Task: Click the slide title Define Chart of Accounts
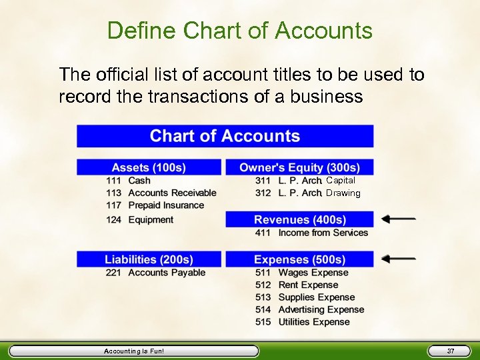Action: (x=239, y=31)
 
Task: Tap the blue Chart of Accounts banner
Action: (x=225, y=136)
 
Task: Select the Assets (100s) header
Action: (x=149, y=167)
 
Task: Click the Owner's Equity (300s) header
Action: (x=299, y=167)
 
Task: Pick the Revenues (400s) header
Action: (x=299, y=219)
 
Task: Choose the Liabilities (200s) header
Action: (x=149, y=259)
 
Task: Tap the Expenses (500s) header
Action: (x=299, y=259)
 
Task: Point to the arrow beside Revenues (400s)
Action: (x=399, y=219)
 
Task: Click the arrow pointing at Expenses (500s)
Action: (x=399, y=259)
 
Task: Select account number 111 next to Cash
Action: (x=113, y=181)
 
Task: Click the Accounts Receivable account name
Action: (x=172, y=193)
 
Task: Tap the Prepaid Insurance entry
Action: (x=166, y=205)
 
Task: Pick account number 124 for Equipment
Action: (x=113, y=220)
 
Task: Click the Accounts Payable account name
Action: (x=167, y=273)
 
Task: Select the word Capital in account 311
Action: (x=341, y=181)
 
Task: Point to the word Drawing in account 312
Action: (x=343, y=193)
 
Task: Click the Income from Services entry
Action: (x=323, y=233)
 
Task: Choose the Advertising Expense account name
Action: (x=321, y=309)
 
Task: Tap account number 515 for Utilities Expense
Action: (x=263, y=322)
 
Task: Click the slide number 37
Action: (x=451, y=351)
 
